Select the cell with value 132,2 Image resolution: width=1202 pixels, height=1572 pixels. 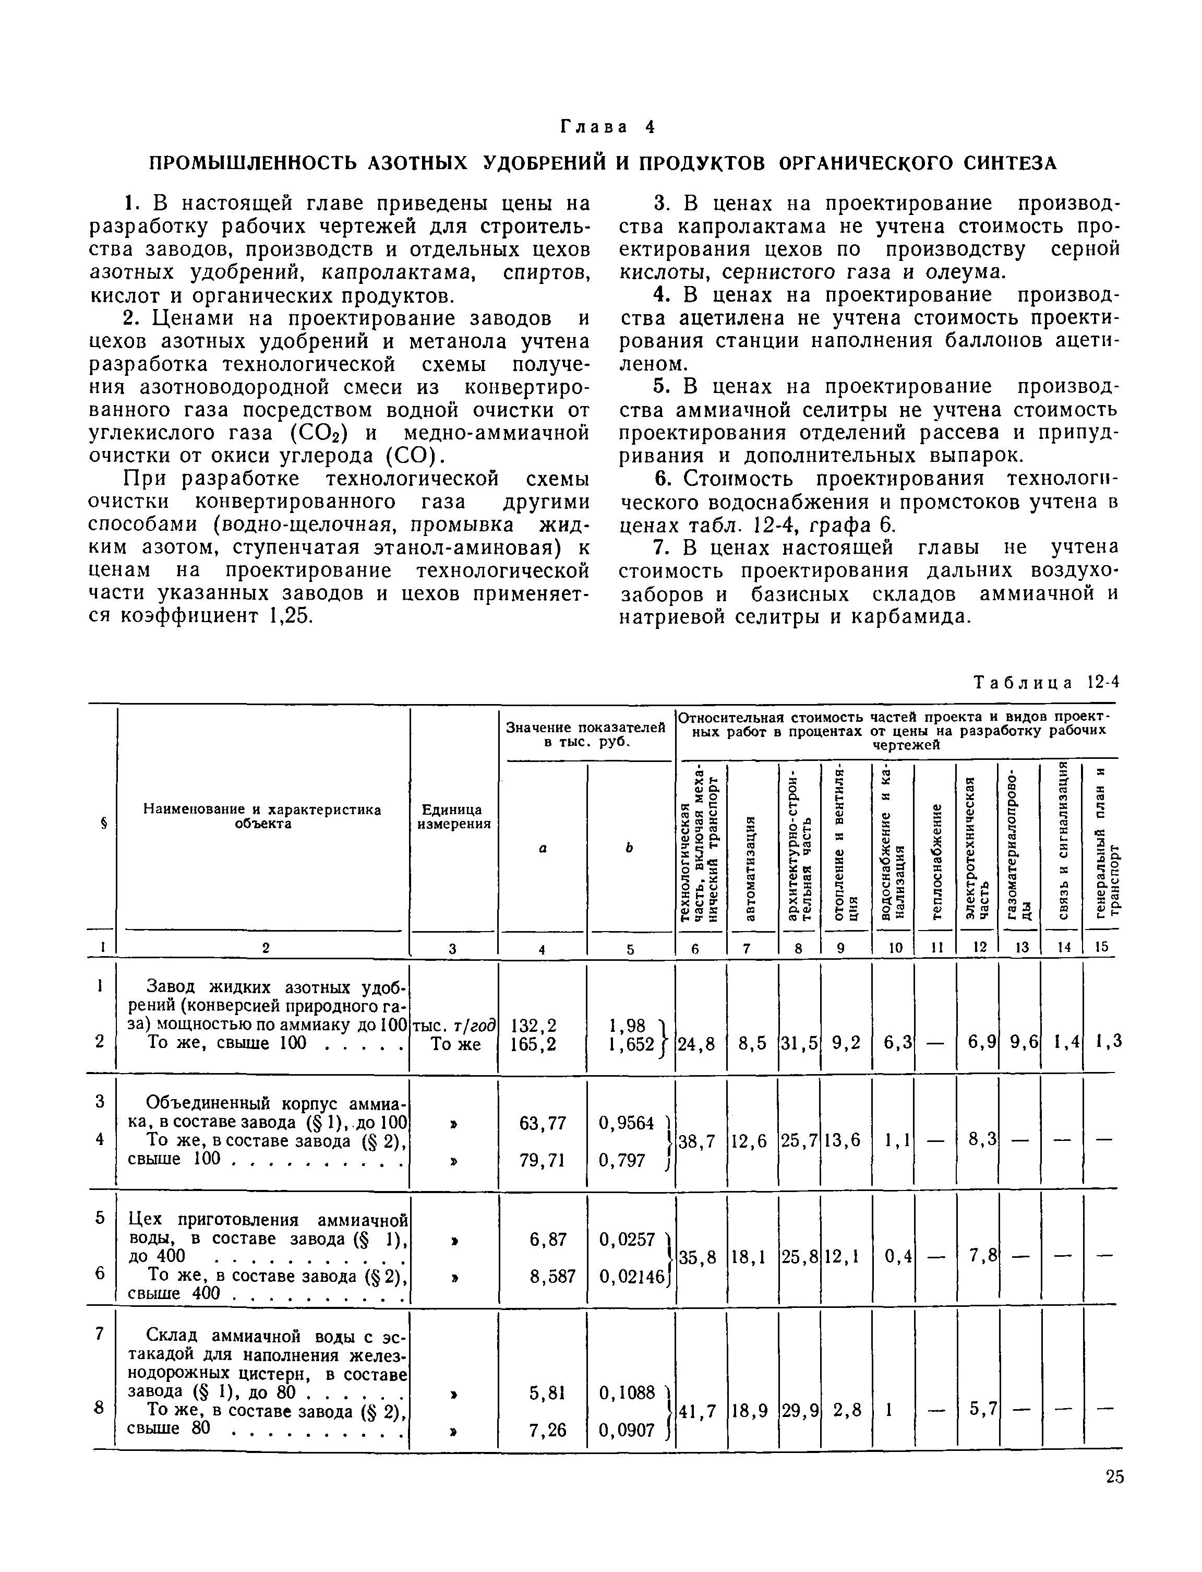click(x=542, y=1026)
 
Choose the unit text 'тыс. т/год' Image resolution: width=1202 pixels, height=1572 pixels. click(x=454, y=1026)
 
